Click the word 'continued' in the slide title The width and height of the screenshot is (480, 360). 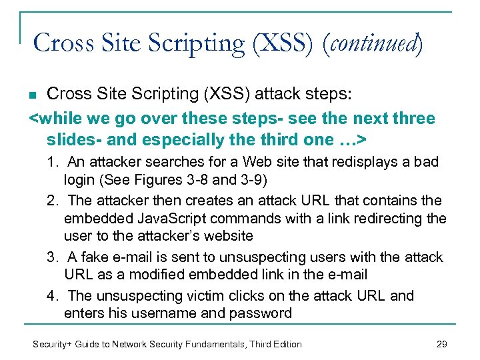pos(375,44)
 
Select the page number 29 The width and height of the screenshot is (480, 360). pos(441,344)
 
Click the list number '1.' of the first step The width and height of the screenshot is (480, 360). pos(53,162)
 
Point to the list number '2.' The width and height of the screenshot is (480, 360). pos(53,201)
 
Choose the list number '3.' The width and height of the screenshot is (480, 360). pos(53,257)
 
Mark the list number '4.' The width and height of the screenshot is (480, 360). pos(53,295)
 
